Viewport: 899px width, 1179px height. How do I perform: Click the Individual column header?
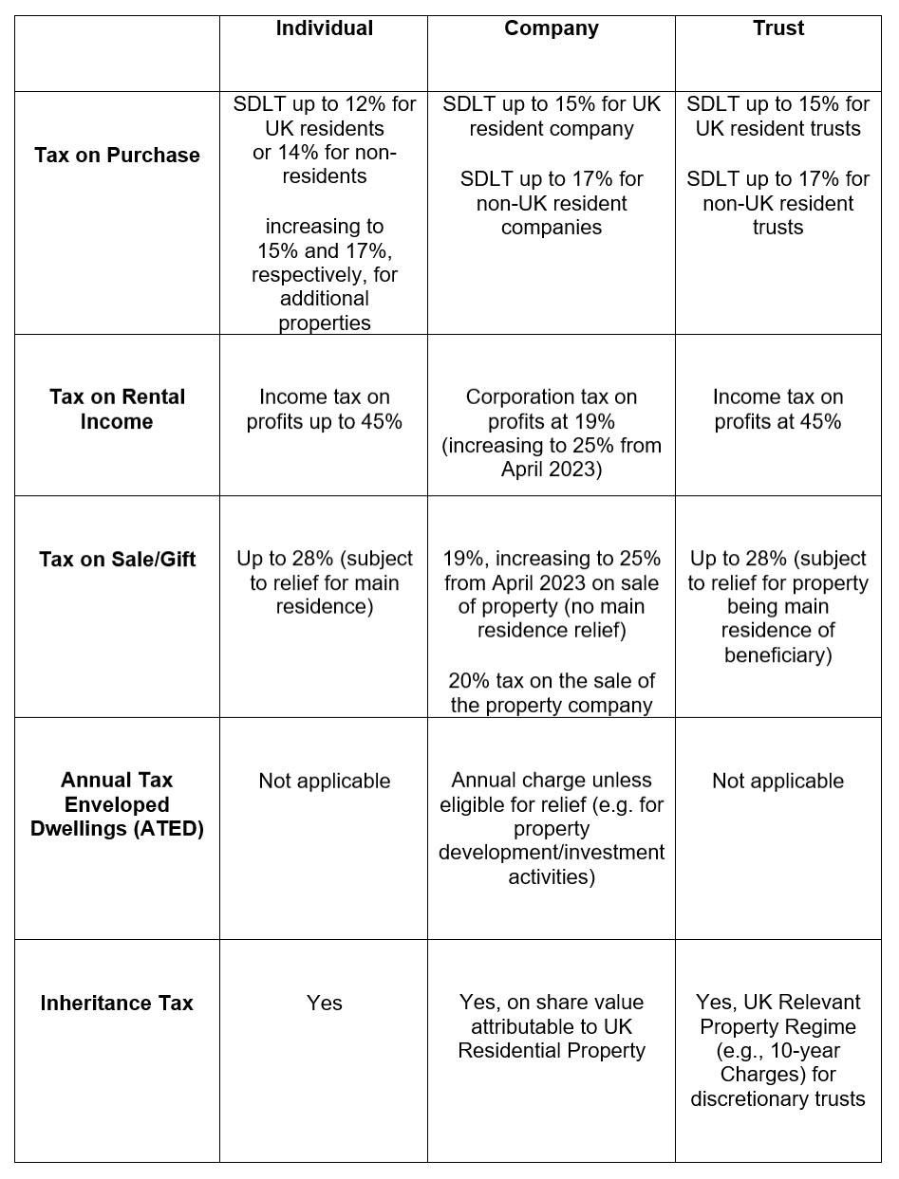[324, 28]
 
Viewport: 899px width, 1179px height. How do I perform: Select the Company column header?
[551, 28]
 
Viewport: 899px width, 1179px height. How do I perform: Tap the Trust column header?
[777, 28]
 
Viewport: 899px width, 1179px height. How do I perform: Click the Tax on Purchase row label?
[117, 156]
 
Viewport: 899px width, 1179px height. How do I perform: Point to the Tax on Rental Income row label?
[117, 409]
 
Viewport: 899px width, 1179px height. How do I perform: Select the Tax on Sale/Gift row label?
[117, 559]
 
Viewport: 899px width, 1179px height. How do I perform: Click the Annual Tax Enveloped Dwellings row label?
[117, 804]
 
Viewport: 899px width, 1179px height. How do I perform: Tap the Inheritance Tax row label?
[117, 1003]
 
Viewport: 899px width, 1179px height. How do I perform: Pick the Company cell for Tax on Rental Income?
[551, 433]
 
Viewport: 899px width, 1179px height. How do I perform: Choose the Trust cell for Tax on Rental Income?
[777, 409]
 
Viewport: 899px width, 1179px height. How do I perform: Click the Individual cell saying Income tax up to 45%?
[324, 409]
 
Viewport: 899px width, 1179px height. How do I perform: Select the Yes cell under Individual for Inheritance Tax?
[324, 1003]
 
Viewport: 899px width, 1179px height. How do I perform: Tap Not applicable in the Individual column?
[324, 781]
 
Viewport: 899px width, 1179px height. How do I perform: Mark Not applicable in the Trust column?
[777, 781]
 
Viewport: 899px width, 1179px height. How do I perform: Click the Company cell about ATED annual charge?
[551, 828]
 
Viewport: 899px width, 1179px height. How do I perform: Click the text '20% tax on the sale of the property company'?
[551, 692]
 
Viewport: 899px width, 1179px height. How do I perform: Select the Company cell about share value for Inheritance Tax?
[551, 1026]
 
